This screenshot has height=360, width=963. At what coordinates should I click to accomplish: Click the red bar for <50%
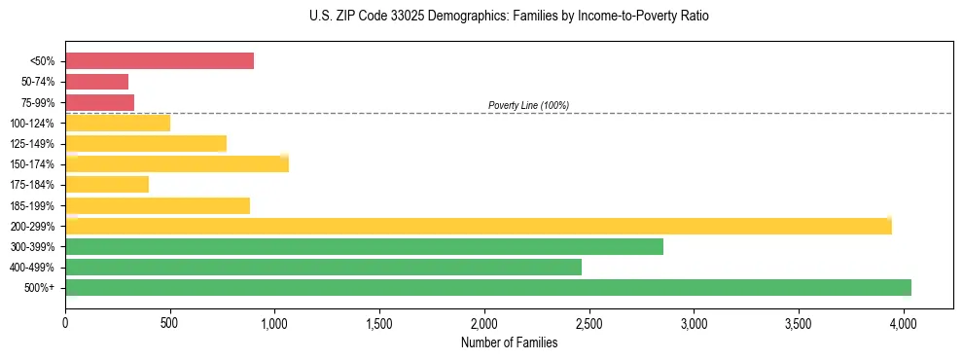[x=160, y=61]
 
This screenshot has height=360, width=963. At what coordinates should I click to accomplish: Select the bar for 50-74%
[x=97, y=82]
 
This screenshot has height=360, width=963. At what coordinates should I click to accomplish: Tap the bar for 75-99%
[x=100, y=102]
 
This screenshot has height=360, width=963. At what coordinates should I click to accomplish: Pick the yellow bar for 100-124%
[x=118, y=123]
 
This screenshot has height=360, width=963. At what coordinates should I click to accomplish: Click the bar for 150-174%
[x=177, y=163]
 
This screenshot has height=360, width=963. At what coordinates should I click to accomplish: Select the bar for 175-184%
[x=107, y=184]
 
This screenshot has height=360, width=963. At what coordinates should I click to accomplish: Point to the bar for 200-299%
[x=479, y=226]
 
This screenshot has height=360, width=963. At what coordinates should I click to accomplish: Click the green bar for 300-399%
[x=365, y=246]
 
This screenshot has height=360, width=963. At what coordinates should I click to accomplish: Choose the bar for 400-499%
[x=324, y=267]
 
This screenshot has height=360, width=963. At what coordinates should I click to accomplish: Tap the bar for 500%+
[x=488, y=287]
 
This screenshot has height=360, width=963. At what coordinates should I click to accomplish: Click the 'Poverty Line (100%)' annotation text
[x=528, y=105]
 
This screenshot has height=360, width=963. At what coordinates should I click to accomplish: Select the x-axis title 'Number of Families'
[x=510, y=342]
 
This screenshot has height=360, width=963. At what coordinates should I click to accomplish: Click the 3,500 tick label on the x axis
[x=799, y=320]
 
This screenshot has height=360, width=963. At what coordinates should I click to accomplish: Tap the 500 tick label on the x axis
[x=170, y=320]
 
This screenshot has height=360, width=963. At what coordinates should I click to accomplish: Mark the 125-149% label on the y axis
[x=34, y=144]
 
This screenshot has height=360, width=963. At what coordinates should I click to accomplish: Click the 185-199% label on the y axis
[x=34, y=205]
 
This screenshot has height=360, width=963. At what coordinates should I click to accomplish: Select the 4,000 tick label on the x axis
[x=904, y=320]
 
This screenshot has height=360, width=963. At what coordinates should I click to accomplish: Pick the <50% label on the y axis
[x=43, y=61]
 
